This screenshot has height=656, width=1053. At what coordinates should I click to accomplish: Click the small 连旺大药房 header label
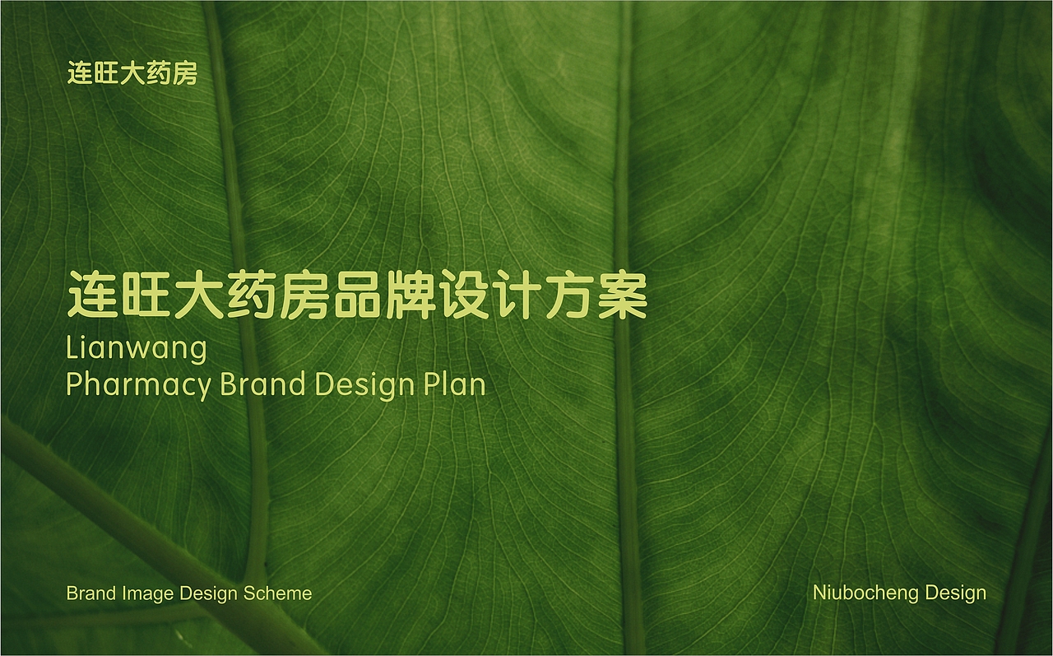[132, 74]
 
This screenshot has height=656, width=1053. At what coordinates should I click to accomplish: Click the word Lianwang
[136, 348]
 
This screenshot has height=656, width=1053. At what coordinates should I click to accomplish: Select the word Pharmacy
[138, 385]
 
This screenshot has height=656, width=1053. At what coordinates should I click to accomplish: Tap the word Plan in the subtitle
[454, 384]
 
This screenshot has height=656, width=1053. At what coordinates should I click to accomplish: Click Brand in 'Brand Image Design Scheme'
[91, 593]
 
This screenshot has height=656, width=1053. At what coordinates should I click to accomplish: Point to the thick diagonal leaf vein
[123, 519]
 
